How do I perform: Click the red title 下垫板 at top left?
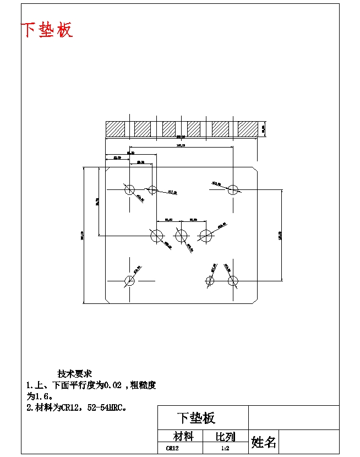tap(47, 30)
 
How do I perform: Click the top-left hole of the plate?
tap(129, 190)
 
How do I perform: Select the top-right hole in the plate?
tap(233, 190)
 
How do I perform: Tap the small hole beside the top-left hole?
tap(152, 190)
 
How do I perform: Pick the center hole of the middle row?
tap(181, 236)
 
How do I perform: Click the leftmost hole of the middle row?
tap(157, 236)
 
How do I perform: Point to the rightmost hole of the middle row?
tap(205, 236)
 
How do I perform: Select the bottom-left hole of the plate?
tap(129, 281)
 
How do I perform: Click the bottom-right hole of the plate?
tap(233, 281)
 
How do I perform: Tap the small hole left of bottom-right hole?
tap(210, 281)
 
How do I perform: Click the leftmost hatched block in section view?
tap(115, 129)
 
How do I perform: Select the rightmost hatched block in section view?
tap(248, 129)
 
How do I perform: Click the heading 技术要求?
tap(75, 374)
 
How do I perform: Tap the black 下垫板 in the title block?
tap(196, 418)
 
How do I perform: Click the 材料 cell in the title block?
tap(183, 437)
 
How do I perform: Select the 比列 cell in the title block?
tap(225, 437)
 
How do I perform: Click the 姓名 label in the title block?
tap(264, 442)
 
